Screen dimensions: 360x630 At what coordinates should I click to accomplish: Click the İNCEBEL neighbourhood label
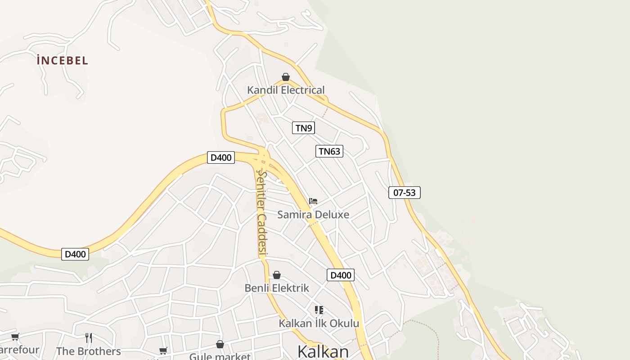coord(63,60)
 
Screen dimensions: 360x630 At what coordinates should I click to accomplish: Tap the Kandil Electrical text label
coord(286,90)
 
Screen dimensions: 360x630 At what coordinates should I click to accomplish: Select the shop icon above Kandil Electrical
coord(286,77)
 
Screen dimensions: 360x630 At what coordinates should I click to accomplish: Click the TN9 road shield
coord(303,128)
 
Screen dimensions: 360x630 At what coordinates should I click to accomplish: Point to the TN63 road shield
coord(329,151)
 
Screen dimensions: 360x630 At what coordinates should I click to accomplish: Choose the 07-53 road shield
coord(404,193)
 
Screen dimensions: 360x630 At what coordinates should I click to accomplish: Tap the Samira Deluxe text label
coord(313,215)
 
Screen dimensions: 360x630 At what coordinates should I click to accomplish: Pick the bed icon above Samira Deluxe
coord(313,201)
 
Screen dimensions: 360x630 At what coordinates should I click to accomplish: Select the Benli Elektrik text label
coord(277,288)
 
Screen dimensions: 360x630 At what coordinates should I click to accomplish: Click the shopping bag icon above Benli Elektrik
coord(277,275)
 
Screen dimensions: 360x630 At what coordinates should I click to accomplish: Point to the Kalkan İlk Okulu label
coord(319,323)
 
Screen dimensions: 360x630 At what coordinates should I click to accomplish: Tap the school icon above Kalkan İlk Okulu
coord(319,310)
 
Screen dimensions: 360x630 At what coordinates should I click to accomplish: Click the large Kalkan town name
coord(323,351)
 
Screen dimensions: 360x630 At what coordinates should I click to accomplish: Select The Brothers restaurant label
coord(89,351)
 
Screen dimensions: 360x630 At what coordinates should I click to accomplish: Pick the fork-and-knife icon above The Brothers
coord(89,337)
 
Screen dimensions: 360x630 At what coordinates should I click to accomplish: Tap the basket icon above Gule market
coord(220,344)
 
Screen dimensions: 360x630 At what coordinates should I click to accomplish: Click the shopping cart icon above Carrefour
coord(15,337)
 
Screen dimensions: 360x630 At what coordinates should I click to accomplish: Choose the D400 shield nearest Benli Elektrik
coord(340,275)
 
